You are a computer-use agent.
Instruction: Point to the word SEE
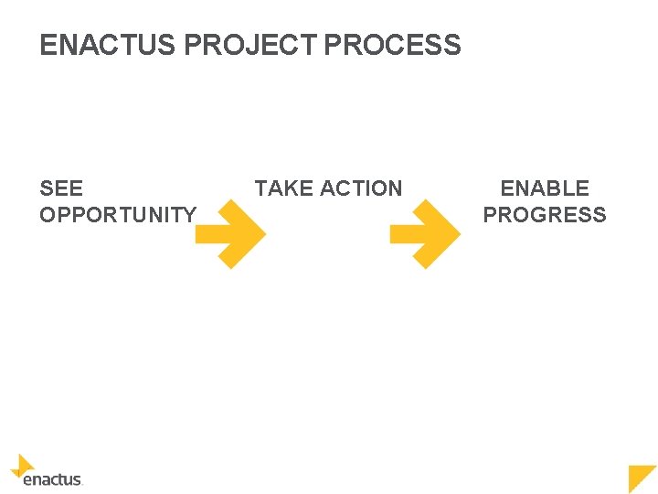61,188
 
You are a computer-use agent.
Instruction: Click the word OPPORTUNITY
117,215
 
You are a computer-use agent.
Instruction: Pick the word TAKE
281,188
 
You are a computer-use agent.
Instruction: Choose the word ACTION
360,188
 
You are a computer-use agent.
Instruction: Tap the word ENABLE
545,188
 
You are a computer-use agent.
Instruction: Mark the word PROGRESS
545,215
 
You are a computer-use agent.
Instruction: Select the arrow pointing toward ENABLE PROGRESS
426,235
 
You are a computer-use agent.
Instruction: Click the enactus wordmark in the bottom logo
52,478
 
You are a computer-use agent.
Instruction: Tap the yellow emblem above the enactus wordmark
22,465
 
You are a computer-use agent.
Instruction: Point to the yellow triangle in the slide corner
645,477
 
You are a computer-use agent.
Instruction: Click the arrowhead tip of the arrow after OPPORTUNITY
263,235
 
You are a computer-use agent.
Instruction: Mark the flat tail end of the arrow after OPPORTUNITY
197,235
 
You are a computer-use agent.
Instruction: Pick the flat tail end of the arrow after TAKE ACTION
392,235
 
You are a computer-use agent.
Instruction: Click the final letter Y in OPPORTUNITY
189,215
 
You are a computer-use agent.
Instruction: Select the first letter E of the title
47,45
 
